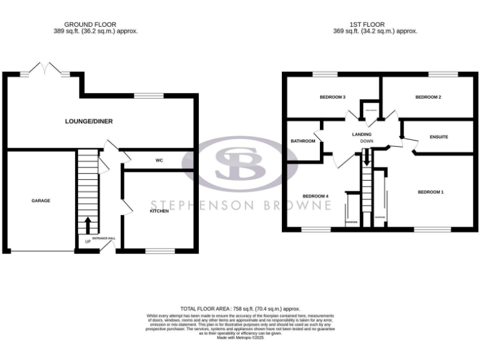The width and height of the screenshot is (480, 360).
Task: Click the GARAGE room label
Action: (41, 201)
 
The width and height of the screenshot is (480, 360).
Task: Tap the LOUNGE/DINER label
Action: (89, 121)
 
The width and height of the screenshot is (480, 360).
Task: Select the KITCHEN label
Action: (159, 211)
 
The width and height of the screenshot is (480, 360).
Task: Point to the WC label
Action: (159, 161)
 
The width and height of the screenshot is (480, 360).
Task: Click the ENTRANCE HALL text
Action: (104, 239)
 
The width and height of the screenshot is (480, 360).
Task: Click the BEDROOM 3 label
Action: (332, 97)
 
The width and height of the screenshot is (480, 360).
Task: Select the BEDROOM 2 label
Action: (428, 97)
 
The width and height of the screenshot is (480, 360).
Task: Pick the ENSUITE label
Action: (438, 136)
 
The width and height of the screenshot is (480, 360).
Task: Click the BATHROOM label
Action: (303, 141)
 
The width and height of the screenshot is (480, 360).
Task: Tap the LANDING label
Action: (362, 134)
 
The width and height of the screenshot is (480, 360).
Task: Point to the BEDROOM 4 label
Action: (316, 196)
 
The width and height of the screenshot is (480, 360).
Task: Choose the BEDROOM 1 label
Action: (431, 192)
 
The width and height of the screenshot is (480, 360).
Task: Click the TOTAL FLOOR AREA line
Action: (240, 309)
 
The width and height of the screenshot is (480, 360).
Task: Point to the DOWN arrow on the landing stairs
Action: (367, 159)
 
